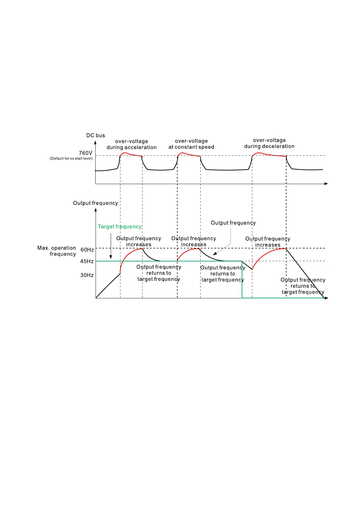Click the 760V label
(86, 153)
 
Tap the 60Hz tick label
(87, 250)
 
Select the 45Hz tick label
(87, 261)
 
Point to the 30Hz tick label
(87, 275)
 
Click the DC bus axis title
(96, 135)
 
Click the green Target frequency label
(120, 227)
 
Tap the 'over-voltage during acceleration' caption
(132, 144)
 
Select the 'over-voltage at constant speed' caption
(191, 144)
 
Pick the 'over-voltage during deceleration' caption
(269, 143)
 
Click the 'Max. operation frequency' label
(57, 251)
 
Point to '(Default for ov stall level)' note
(71, 158)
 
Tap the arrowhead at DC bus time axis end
(326, 184)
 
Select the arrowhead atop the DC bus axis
(95, 143)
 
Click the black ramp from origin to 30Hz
(108, 286)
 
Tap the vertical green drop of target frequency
(242, 280)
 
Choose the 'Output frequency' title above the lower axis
(96, 203)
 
